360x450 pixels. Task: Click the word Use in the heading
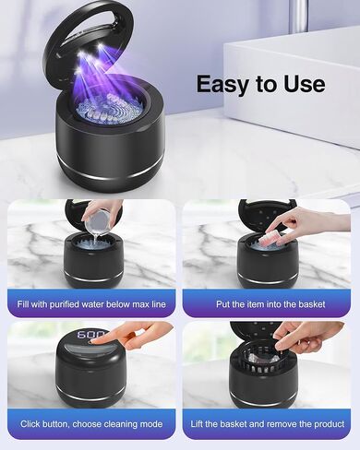(302, 85)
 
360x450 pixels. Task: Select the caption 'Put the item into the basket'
(269, 303)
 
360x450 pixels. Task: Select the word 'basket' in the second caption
(313, 303)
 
